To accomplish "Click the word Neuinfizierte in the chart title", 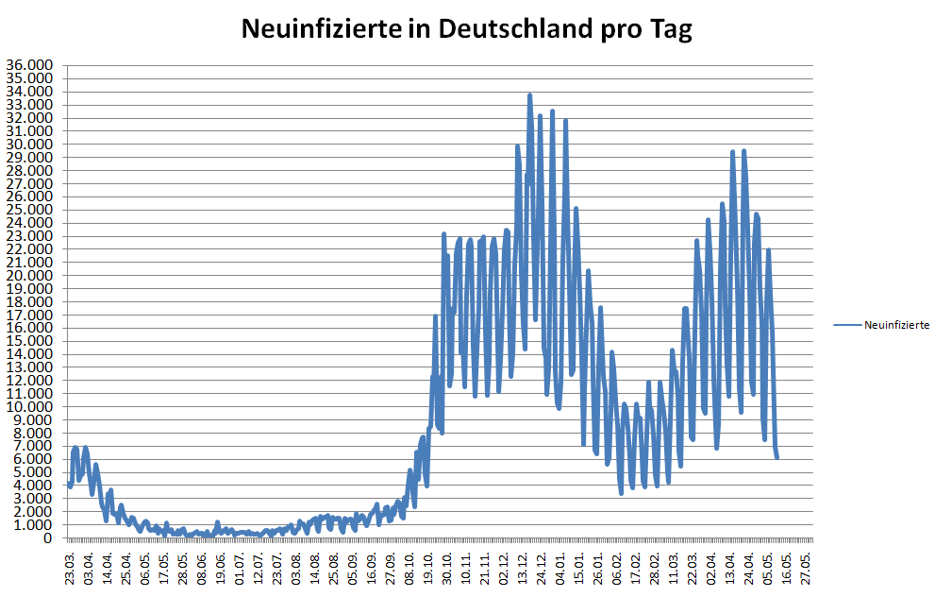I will coord(322,29).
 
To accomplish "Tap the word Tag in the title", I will coord(669,29).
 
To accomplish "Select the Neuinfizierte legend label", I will coord(897,325).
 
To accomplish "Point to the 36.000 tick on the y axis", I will coord(31,65).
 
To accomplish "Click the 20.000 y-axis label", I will coord(31,276).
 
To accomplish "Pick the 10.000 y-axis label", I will coord(31,407).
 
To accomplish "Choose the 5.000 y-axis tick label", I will coord(34,472).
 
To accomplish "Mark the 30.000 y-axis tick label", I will coord(31,145).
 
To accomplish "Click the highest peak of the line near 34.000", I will coord(529,95).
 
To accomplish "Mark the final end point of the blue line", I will coord(776,457).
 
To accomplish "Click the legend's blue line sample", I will coord(847,325).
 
